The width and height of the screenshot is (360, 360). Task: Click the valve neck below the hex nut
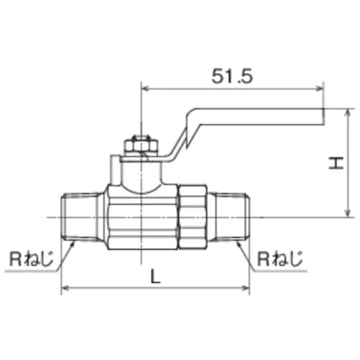(141, 174)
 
